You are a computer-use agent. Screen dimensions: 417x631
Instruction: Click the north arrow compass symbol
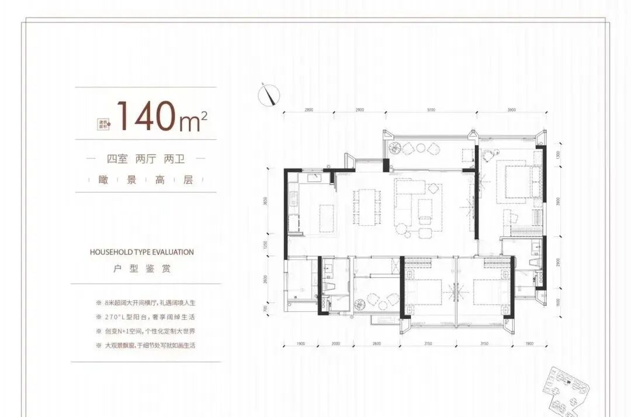coord(269,94)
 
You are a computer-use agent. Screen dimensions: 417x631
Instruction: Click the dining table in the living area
coord(366,206)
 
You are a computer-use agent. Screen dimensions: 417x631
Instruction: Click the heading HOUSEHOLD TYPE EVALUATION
coord(142,252)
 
